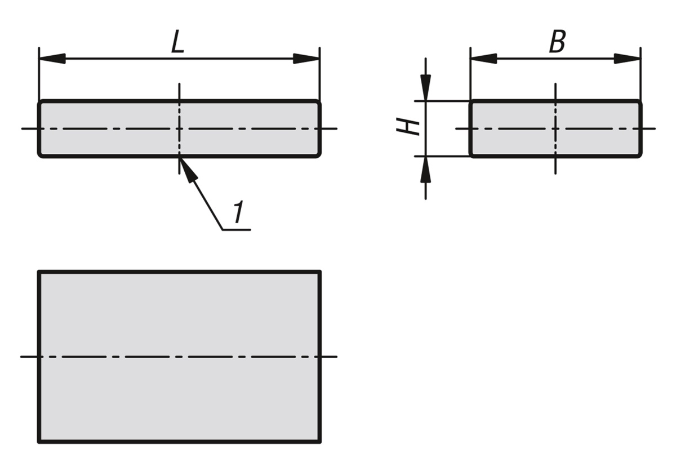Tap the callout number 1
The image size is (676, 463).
239,213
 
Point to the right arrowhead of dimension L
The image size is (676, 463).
306,59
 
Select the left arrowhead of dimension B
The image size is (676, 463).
483,59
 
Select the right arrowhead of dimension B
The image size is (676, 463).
628,59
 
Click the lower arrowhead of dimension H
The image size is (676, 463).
425,168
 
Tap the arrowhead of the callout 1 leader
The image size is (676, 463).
186,168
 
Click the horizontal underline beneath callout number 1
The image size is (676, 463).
236,230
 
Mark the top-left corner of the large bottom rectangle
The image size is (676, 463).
39,272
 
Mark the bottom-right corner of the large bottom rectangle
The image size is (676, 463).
320,442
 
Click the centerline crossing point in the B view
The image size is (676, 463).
555,128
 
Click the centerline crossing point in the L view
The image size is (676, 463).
179,128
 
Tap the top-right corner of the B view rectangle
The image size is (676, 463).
640,101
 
